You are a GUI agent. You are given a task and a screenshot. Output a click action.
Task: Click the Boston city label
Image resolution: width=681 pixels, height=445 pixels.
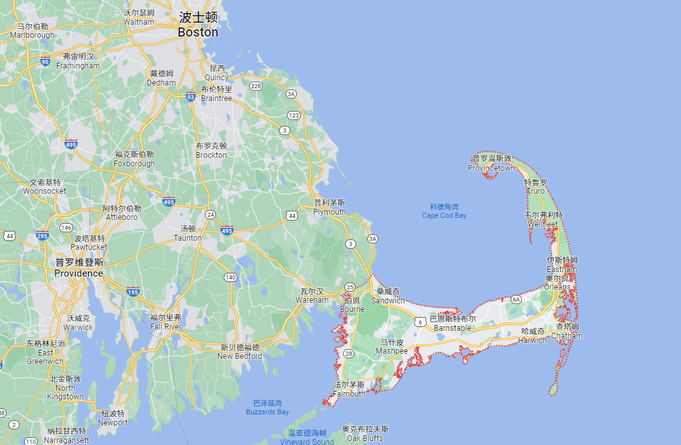[x=198, y=32]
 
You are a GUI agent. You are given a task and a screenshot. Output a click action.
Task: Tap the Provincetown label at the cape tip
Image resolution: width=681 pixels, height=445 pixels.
[x=491, y=168]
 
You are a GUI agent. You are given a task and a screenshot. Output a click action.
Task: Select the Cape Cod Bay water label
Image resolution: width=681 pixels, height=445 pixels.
[x=444, y=215]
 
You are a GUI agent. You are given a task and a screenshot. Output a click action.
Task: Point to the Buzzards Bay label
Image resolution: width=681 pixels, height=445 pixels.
[x=267, y=412]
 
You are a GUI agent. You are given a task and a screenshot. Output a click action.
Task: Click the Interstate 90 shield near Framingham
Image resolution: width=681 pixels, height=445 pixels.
[x=45, y=62]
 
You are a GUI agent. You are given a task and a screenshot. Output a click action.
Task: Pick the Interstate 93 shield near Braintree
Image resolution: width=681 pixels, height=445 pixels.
[x=190, y=97]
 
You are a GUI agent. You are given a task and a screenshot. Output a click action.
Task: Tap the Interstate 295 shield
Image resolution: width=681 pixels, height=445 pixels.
[x=43, y=236]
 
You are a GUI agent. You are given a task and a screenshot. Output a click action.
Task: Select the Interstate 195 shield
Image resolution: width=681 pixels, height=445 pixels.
[x=132, y=291]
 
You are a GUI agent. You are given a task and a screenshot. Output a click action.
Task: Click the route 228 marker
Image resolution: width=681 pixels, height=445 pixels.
[x=256, y=86]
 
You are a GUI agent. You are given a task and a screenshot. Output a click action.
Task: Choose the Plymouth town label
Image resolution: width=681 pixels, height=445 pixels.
[x=330, y=211]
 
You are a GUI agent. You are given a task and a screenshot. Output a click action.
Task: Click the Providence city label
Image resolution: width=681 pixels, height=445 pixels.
[x=79, y=273]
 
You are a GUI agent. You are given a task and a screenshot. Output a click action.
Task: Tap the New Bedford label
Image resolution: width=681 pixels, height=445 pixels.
[x=240, y=356]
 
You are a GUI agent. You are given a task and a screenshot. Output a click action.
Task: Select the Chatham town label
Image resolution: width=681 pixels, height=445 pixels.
[x=567, y=335]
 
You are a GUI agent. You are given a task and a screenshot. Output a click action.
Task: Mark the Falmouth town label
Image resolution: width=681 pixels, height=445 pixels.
[x=350, y=393]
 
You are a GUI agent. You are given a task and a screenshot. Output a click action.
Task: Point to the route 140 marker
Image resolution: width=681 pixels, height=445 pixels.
[x=230, y=277]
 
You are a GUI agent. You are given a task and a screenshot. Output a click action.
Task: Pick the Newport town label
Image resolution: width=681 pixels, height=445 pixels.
[x=113, y=422]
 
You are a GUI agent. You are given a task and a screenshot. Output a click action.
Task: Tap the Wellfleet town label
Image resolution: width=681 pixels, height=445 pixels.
[x=543, y=224]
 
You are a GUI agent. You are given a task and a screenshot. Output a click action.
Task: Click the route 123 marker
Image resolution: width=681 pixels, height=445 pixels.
[x=294, y=115]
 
